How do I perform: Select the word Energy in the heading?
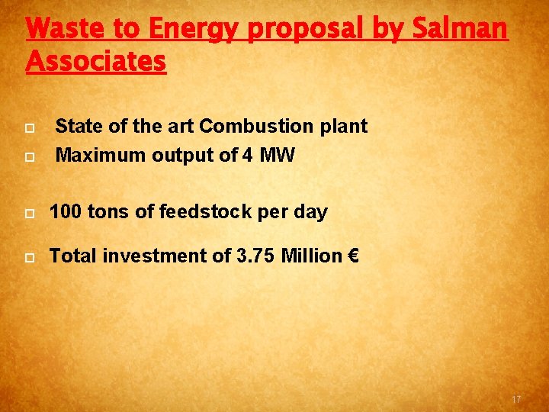[194, 29]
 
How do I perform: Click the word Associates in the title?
[96, 61]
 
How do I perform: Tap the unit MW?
[278, 156]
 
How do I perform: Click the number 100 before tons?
[66, 212]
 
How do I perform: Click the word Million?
[312, 256]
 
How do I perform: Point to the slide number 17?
[516, 400]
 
